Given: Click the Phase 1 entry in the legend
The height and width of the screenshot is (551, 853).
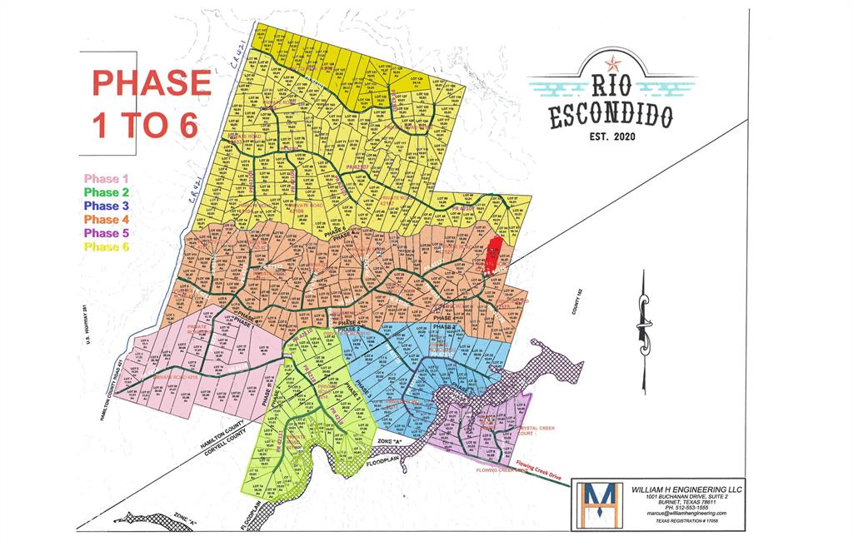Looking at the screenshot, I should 106,179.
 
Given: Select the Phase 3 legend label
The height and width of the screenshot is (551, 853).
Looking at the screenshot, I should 106,206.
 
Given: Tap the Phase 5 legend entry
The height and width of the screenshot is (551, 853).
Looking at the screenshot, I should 106,233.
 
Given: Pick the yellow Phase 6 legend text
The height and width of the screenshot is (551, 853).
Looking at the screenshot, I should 106,246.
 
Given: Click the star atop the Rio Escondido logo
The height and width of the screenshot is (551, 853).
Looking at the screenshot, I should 612,62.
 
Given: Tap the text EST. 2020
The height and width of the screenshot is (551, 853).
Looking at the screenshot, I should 611,136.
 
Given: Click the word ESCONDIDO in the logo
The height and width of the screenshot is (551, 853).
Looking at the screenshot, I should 611,117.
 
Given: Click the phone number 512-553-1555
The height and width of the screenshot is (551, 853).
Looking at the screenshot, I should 681,507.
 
